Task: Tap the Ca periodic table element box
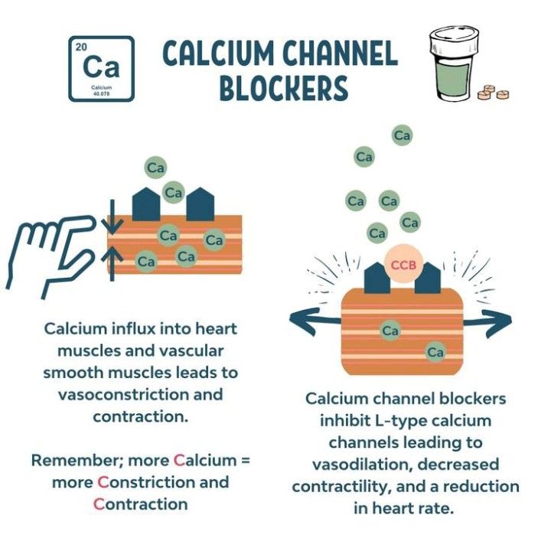coord(101,69)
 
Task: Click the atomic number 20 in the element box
coord(81,47)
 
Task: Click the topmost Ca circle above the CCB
coord(402,135)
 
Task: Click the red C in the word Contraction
coord(99,504)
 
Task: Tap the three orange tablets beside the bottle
coord(492,93)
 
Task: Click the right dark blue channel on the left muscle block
coord(200,204)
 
